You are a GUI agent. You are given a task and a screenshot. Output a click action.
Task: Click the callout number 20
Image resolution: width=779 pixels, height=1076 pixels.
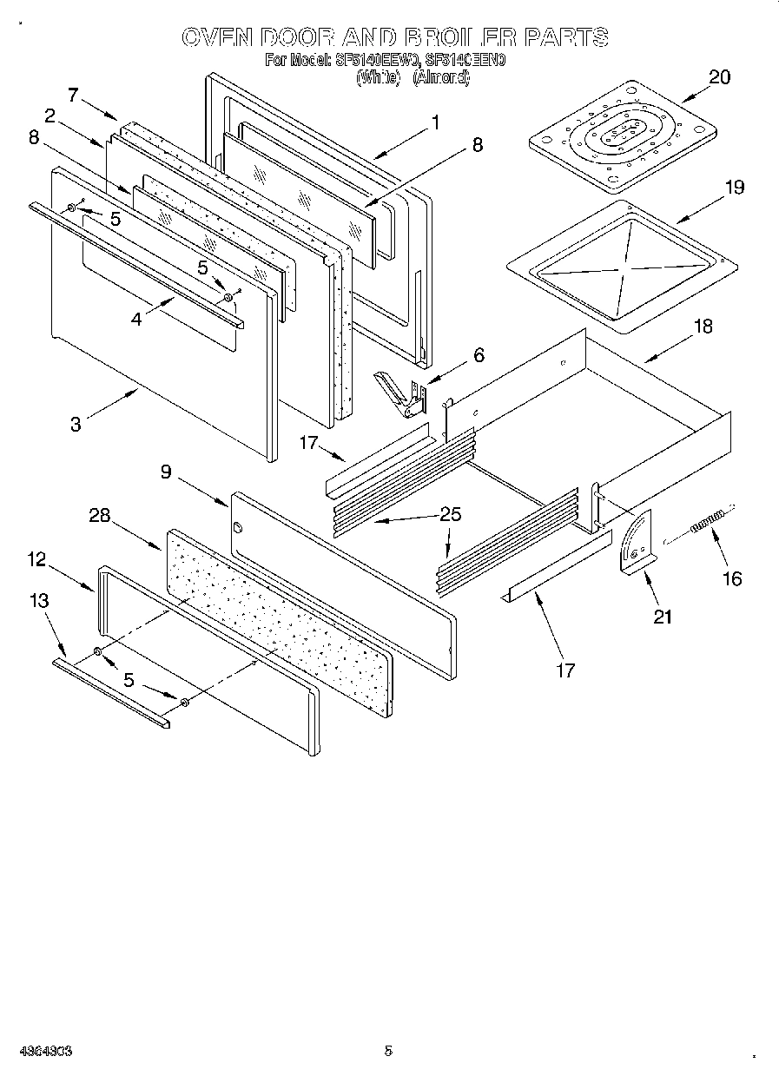click(719, 77)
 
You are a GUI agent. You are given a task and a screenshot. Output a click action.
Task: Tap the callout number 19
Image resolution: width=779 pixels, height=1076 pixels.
click(734, 187)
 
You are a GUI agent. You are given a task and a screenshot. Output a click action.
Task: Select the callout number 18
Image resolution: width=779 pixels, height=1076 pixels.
click(703, 327)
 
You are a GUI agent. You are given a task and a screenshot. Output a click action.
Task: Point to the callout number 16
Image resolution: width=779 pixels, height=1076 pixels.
click(732, 578)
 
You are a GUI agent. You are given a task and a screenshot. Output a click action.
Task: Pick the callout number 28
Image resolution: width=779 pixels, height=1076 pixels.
click(100, 515)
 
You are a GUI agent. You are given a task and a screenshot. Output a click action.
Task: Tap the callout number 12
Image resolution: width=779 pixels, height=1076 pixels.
click(36, 560)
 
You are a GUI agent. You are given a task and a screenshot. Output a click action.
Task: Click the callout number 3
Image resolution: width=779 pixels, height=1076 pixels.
click(76, 424)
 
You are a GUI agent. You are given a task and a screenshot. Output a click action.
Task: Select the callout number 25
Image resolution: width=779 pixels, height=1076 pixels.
click(449, 514)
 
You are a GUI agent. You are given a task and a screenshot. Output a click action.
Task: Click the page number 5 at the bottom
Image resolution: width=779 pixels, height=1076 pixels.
click(388, 1050)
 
